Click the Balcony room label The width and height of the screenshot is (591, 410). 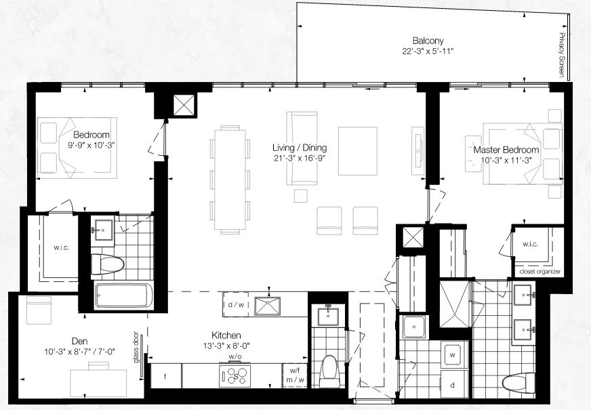click(x=428, y=41)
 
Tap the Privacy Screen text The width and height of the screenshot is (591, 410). click(x=563, y=55)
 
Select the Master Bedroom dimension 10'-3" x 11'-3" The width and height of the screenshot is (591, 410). click(x=506, y=160)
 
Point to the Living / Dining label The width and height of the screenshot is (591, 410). click(x=300, y=147)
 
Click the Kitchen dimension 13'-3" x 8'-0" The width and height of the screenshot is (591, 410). click(x=226, y=345)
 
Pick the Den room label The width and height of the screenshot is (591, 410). click(x=79, y=342)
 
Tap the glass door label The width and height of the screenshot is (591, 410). click(x=136, y=348)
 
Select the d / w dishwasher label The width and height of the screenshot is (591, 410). click(x=236, y=304)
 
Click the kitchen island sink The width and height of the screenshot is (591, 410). click(x=267, y=306)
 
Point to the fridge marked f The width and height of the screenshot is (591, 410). click(x=166, y=375)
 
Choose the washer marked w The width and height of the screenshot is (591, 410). click(x=453, y=355)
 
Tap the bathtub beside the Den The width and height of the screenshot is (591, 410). click(x=124, y=295)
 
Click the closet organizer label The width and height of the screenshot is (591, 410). click(x=539, y=272)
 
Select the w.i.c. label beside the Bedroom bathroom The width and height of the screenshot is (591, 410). click(x=61, y=247)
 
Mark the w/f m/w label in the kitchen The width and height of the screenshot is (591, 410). click(x=295, y=375)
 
